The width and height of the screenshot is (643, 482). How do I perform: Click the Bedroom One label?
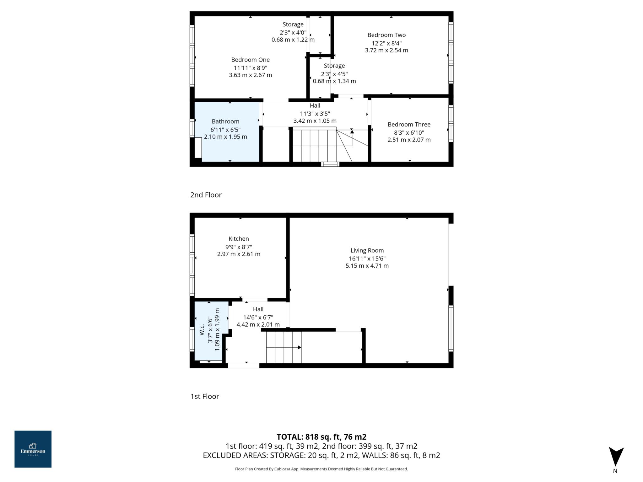point(250,60)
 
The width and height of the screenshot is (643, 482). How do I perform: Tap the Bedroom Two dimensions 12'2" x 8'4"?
point(386,43)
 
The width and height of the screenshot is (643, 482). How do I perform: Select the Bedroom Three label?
point(409,124)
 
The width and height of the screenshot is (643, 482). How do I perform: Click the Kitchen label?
point(239,239)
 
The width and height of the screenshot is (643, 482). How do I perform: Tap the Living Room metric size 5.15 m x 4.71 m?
point(367,266)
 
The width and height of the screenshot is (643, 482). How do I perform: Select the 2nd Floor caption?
point(206,195)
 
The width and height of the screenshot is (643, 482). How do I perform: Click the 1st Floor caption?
point(205,396)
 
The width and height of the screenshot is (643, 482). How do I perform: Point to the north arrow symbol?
point(616,457)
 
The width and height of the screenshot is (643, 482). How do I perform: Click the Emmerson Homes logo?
point(33,449)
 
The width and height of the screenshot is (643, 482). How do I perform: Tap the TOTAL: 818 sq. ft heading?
point(321,437)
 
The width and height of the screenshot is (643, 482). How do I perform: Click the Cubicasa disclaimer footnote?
point(321,469)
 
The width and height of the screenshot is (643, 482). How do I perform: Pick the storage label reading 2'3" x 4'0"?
point(293,32)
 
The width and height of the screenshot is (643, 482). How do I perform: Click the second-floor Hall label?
point(315,106)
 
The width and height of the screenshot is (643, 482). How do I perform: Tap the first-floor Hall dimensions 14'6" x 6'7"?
point(258,317)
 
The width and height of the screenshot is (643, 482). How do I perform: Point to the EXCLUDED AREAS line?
point(321,455)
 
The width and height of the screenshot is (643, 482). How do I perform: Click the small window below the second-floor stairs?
point(330,164)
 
